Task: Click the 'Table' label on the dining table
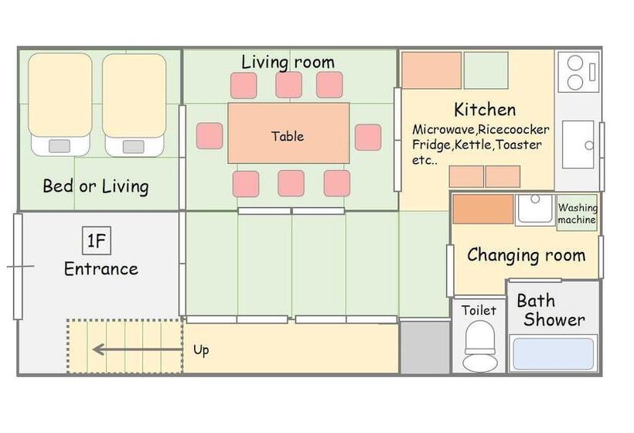(x=288, y=136)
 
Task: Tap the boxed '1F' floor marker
(x=97, y=241)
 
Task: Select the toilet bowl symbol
(x=480, y=346)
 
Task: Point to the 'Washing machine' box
(x=577, y=213)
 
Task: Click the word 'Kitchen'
(x=485, y=110)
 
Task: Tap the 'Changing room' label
(x=526, y=255)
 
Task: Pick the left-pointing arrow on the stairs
(x=138, y=349)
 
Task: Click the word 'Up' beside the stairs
(x=201, y=350)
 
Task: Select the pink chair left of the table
(x=210, y=136)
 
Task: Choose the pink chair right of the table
(x=368, y=138)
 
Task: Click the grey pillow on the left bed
(x=59, y=146)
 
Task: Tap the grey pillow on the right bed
(x=134, y=146)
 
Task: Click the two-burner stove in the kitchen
(x=578, y=73)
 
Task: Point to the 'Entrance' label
(x=101, y=269)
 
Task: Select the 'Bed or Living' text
(x=96, y=186)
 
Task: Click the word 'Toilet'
(x=479, y=311)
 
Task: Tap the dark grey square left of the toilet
(x=425, y=348)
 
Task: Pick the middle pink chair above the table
(x=288, y=85)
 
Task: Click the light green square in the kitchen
(x=486, y=70)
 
